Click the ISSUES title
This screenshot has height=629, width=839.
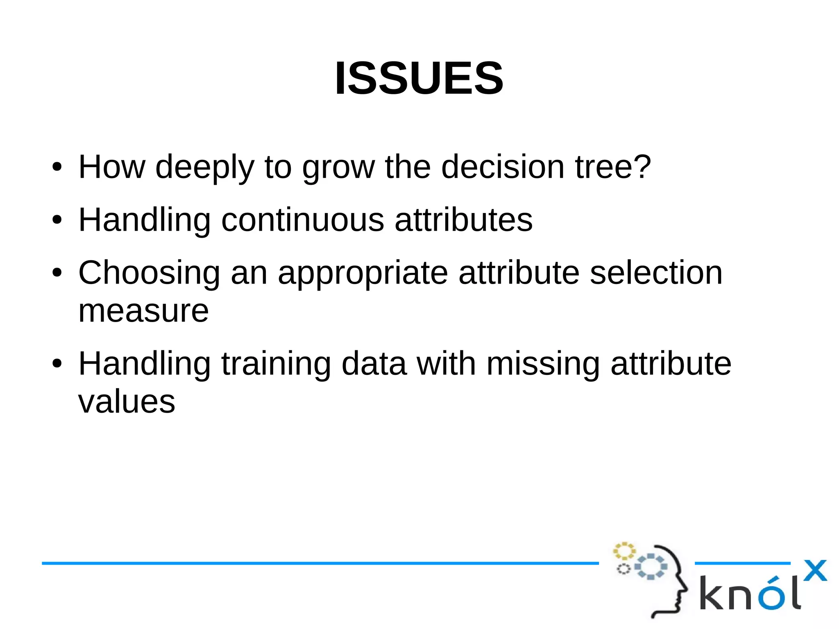pyautogui.click(x=419, y=78)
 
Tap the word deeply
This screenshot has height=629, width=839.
pyautogui.click(x=205, y=167)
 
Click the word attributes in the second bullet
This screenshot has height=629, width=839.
pyautogui.click(x=463, y=220)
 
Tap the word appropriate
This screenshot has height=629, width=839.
pyautogui.click(x=363, y=273)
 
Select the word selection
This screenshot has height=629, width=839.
pyautogui.click(x=656, y=273)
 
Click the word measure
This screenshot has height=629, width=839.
pyautogui.click(x=143, y=311)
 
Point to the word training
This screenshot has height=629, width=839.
pyautogui.click(x=276, y=364)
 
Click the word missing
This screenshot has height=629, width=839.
pyautogui.click(x=543, y=364)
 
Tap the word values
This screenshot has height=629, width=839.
pyautogui.click(x=127, y=402)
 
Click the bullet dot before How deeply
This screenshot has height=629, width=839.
pyautogui.click(x=57, y=167)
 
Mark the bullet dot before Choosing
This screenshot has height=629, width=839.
pyautogui.click(x=57, y=273)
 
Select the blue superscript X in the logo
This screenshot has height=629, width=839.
pyautogui.click(x=815, y=570)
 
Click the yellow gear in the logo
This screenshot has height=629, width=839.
pyautogui.click(x=624, y=551)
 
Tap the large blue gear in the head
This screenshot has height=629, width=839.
pyautogui.click(x=651, y=566)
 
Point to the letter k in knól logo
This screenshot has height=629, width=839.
pyautogui.click(x=712, y=593)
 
